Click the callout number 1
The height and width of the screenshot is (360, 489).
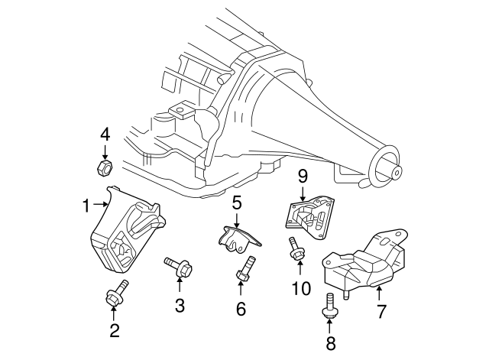point(87,204)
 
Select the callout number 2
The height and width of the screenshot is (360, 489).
point(114,330)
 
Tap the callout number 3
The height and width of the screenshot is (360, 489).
point(180,306)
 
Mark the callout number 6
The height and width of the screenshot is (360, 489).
point(241,309)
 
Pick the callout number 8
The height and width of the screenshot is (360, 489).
point(330,343)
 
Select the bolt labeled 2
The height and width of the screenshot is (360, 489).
point(116,294)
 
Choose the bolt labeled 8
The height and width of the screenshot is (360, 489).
point(331,304)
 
